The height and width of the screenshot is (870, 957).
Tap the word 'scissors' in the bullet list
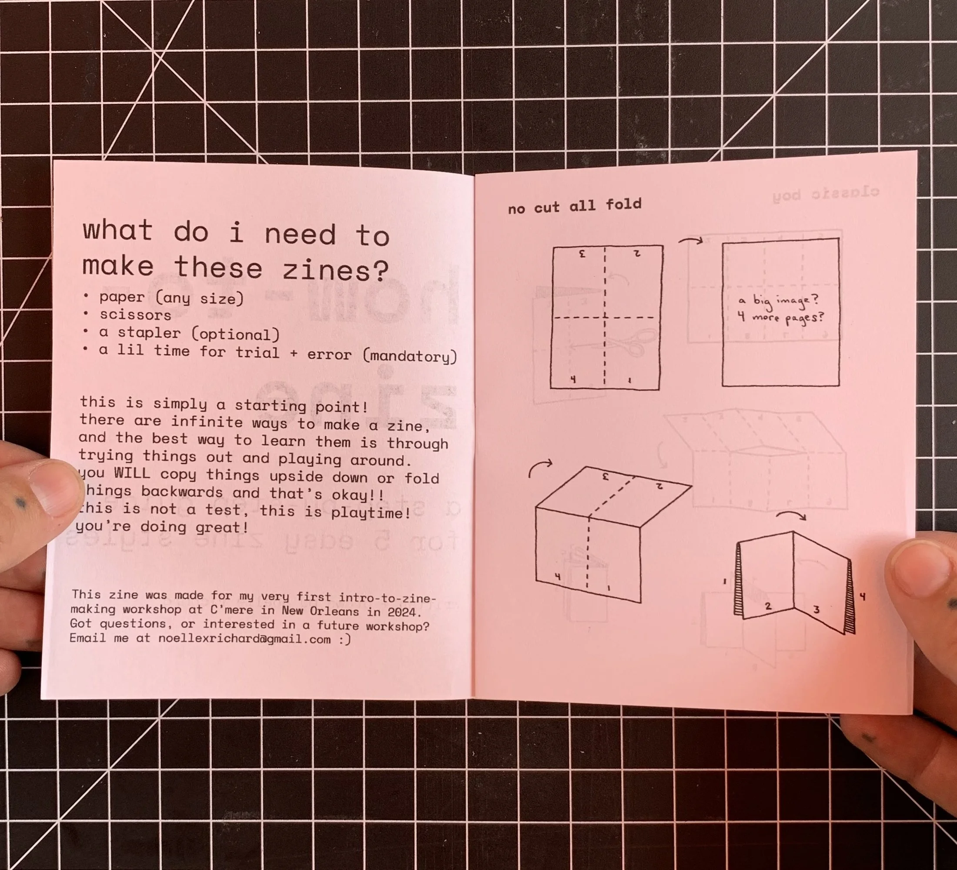135,315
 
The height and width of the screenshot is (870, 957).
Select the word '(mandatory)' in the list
410,356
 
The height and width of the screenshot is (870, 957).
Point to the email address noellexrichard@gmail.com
244,639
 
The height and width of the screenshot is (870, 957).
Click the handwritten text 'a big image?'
779,301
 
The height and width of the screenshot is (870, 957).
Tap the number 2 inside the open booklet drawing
768,606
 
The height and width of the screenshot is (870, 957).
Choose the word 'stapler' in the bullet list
149,333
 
